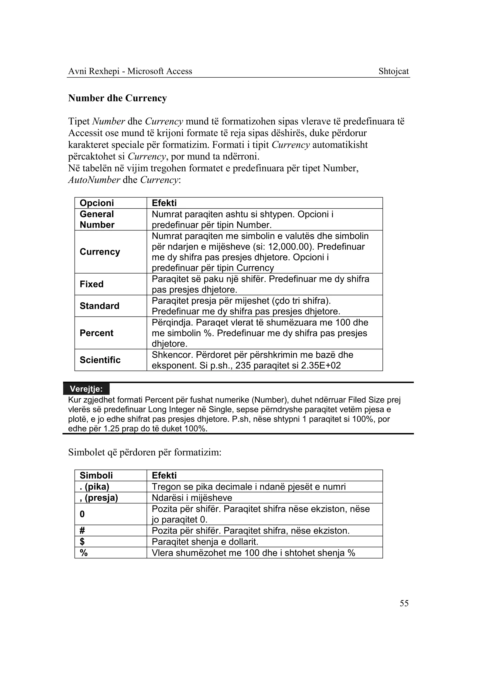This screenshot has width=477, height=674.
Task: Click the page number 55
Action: (x=404, y=603)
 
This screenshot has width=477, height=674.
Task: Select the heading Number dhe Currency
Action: (x=117, y=98)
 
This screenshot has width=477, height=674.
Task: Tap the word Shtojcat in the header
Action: (x=393, y=71)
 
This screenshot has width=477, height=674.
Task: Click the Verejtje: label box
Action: (x=86, y=389)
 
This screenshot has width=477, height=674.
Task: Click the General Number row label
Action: (x=97, y=220)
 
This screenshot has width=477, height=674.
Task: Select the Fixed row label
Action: (x=92, y=284)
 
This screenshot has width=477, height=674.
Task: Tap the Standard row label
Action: (x=99, y=306)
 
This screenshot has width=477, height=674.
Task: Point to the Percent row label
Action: (x=96, y=333)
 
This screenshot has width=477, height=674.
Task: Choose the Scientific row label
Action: (x=100, y=360)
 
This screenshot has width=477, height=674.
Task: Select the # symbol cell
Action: (x=82, y=531)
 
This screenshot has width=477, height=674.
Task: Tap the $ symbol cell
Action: (x=82, y=542)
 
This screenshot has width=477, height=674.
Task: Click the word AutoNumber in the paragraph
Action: (x=94, y=180)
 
